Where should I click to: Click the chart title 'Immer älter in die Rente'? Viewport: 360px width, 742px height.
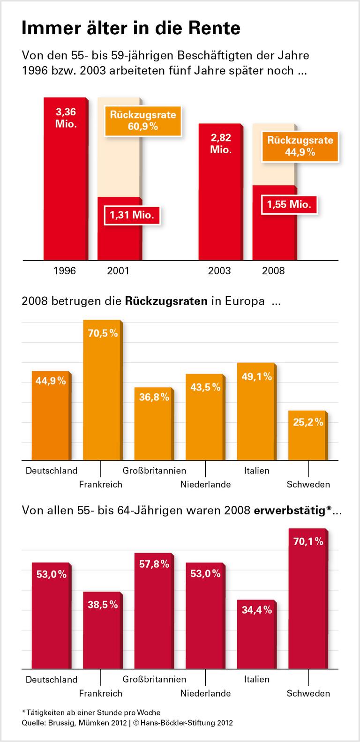pyautogui.click(x=131, y=29)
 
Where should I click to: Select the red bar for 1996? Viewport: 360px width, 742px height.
pyautogui.click(x=65, y=187)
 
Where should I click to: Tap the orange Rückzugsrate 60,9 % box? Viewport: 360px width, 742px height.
pyautogui.click(x=143, y=120)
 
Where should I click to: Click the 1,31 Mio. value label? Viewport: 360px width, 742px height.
pyautogui.click(x=132, y=215)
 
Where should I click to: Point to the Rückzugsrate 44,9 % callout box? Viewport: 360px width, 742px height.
pyautogui.click(x=300, y=146)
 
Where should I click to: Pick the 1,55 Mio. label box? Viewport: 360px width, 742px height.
pyautogui.click(x=289, y=204)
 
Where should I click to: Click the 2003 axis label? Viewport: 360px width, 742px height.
pyautogui.click(x=219, y=271)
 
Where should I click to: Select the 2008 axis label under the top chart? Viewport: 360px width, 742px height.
pyautogui.click(x=273, y=271)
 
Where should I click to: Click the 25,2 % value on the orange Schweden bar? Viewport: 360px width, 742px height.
pyautogui.click(x=308, y=422)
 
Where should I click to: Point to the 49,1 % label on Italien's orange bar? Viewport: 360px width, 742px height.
pyautogui.click(x=256, y=376)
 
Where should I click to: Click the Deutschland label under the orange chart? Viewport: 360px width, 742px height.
pyautogui.click(x=52, y=471)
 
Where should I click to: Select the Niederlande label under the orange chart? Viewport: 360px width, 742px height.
pyautogui.click(x=205, y=485)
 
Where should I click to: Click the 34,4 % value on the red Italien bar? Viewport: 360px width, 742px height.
pyautogui.click(x=256, y=610)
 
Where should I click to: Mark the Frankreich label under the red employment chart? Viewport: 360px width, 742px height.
pyautogui.click(x=100, y=693)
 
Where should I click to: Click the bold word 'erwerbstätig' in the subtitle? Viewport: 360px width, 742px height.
pyautogui.click(x=289, y=510)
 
